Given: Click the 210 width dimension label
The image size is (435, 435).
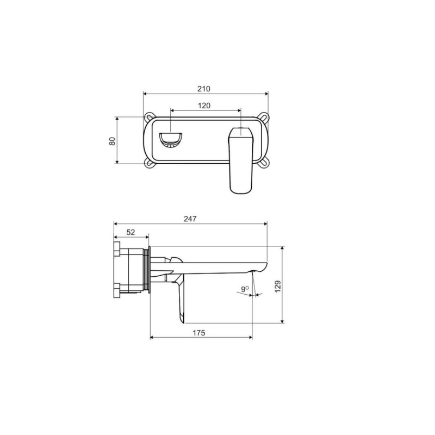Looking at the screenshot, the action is point(203,89).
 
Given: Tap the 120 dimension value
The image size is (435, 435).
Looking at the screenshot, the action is point(204,105).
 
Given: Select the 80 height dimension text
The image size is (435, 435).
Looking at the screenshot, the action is point(112,141).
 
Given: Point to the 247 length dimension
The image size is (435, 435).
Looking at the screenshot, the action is point(190,219).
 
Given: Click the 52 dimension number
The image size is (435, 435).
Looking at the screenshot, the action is point(130,232).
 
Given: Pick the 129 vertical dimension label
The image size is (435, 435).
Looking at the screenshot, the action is point(278,287).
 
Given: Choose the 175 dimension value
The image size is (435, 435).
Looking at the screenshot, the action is point(199,333).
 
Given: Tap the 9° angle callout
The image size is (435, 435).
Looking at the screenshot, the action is point(245,289).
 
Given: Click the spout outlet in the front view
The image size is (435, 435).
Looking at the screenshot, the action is point(170,140).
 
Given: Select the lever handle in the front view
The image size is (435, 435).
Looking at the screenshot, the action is point(241,160).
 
